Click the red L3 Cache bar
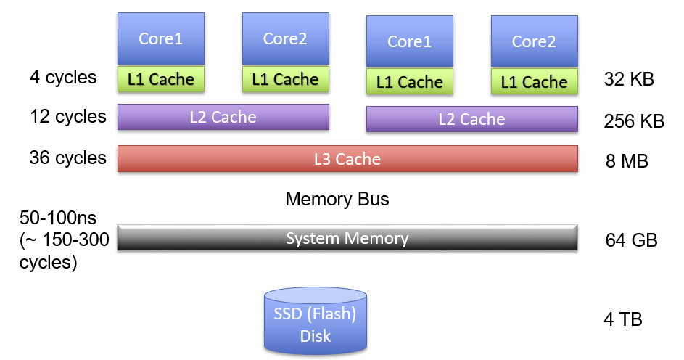click(x=347, y=159)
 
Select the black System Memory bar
click(x=347, y=238)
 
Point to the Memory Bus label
click(x=337, y=199)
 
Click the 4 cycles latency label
click(x=63, y=77)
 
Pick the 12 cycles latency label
click(x=68, y=116)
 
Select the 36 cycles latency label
click(x=68, y=157)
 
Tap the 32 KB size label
click(x=629, y=79)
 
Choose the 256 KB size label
click(x=634, y=121)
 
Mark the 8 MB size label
click(x=627, y=160)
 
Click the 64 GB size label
click(x=631, y=240)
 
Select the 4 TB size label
click(x=623, y=319)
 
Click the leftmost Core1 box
click(x=161, y=38)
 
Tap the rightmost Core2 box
click(x=535, y=41)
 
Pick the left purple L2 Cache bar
click(x=223, y=117)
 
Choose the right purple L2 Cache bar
click(x=472, y=119)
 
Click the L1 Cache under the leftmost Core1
click(x=161, y=79)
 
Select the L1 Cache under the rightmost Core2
click(x=535, y=82)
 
